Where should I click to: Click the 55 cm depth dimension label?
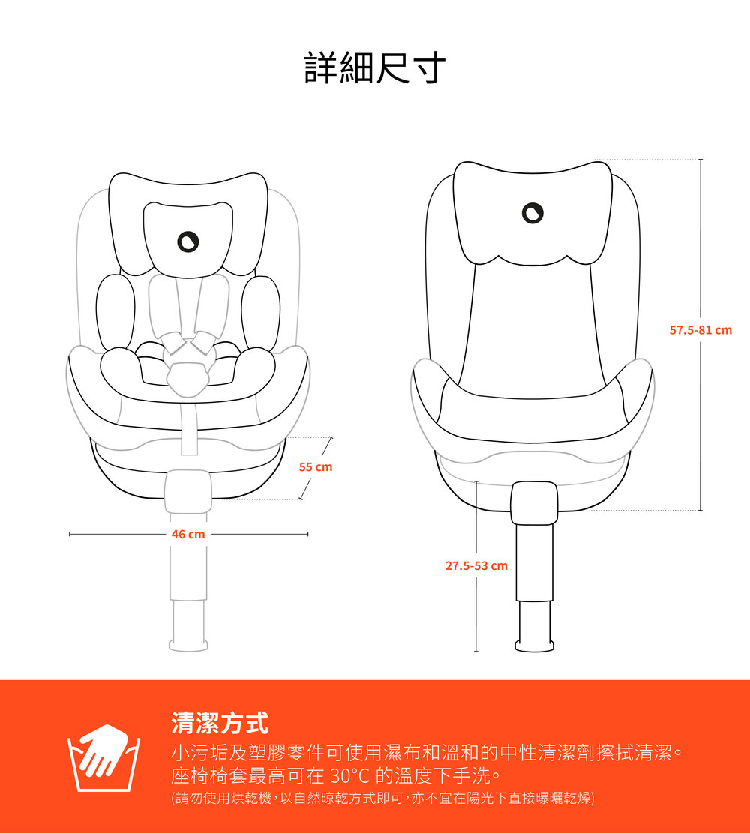click(x=316, y=467)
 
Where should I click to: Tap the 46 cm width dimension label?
click(x=188, y=534)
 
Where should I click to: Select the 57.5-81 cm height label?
click(x=700, y=330)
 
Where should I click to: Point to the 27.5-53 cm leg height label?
click(x=476, y=566)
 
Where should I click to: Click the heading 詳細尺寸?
click(x=375, y=67)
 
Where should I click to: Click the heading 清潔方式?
click(x=220, y=723)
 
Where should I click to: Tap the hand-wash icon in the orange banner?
click(x=103, y=758)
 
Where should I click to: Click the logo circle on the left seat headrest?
click(x=187, y=241)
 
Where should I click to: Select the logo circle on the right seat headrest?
click(x=532, y=213)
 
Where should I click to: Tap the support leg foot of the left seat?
click(x=188, y=646)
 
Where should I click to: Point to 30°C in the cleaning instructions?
click(x=349, y=776)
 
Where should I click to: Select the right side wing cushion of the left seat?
click(x=261, y=312)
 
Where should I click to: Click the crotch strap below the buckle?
click(x=189, y=425)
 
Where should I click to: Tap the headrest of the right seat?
click(x=532, y=214)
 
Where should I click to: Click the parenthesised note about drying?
click(x=382, y=798)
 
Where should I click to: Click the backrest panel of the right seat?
click(x=532, y=330)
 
